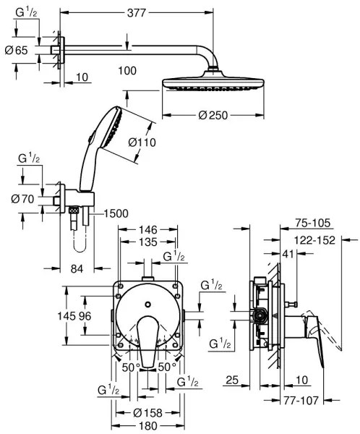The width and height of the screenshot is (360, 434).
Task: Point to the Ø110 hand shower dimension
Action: (142, 143)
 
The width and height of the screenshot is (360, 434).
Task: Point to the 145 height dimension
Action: (67, 315)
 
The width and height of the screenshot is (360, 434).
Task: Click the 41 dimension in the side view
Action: (288, 253)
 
